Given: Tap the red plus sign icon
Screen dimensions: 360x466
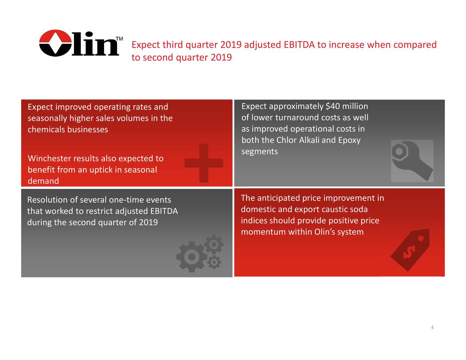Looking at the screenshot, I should pyautogui.click(x=204, y=163).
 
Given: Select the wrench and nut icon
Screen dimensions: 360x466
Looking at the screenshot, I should pyautogui.click(x=412, y=161).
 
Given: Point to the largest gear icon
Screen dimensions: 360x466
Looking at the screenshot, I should pyautogui.click(x=191, y=257).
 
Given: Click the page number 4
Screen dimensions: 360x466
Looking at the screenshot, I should pyautogui.click(x=432, y=328).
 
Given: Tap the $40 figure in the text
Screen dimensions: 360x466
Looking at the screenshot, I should pyautogui.click(x=333, y=106).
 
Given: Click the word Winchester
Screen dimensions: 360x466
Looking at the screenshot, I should pyautogui.click(x=50, y=158).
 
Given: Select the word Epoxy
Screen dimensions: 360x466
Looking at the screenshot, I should pyautogui.click(x=349, y=140).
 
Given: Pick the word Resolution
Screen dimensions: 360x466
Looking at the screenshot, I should pyautogui.click(x=47, y=200).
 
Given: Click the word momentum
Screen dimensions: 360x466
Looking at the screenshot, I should pyautogui.click(x=263, y=232).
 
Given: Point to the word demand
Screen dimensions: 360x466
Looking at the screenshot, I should pyautogui.click(x=43, y=181).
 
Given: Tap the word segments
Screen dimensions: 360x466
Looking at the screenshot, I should pyautogui.click(x=260, y=151).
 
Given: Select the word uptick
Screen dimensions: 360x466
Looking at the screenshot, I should pyautogui.click(x=100, y=170).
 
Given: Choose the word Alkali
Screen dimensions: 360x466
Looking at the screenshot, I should pyautogui.click(x=309, y=140).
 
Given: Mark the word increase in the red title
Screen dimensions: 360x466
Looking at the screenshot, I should pyautogui.click(x=346, y=45).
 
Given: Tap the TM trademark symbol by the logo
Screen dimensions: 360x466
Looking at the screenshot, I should pyautogui.click(x=119, y=39).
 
